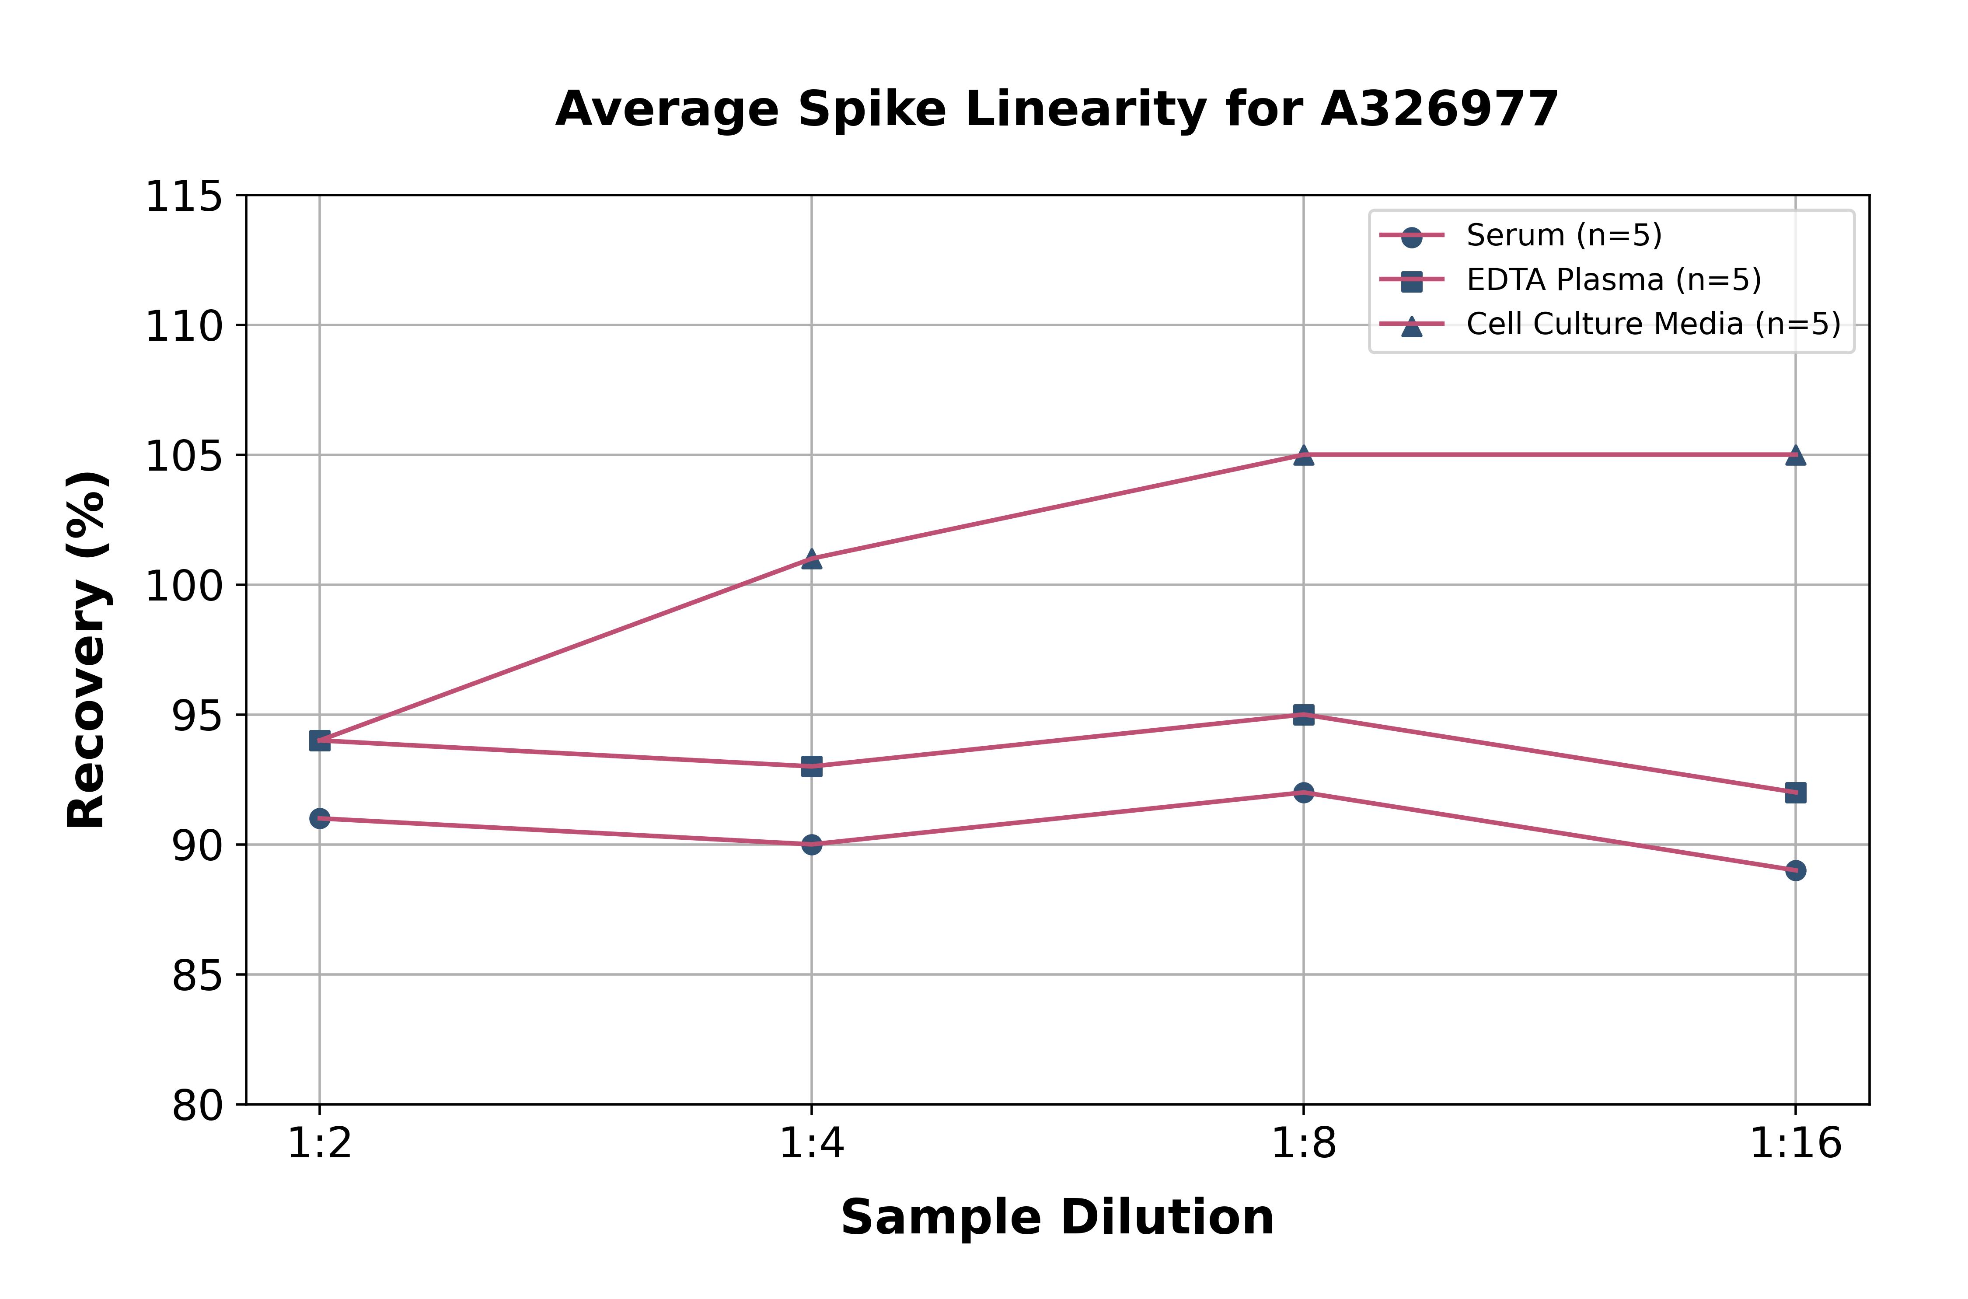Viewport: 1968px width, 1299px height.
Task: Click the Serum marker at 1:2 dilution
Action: tap(320, 818)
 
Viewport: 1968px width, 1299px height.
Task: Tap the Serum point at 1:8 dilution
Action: tap(1304, 793)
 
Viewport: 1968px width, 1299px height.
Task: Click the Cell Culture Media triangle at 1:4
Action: tap(812, 559)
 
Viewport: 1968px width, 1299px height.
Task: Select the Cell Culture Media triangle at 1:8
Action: tap(1304, 455)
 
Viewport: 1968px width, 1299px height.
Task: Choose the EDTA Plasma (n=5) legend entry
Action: tap(1613, 280)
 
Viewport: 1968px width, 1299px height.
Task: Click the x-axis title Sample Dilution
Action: tap(1057, 1218)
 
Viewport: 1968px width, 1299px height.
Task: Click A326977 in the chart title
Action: tap(1440, 109)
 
